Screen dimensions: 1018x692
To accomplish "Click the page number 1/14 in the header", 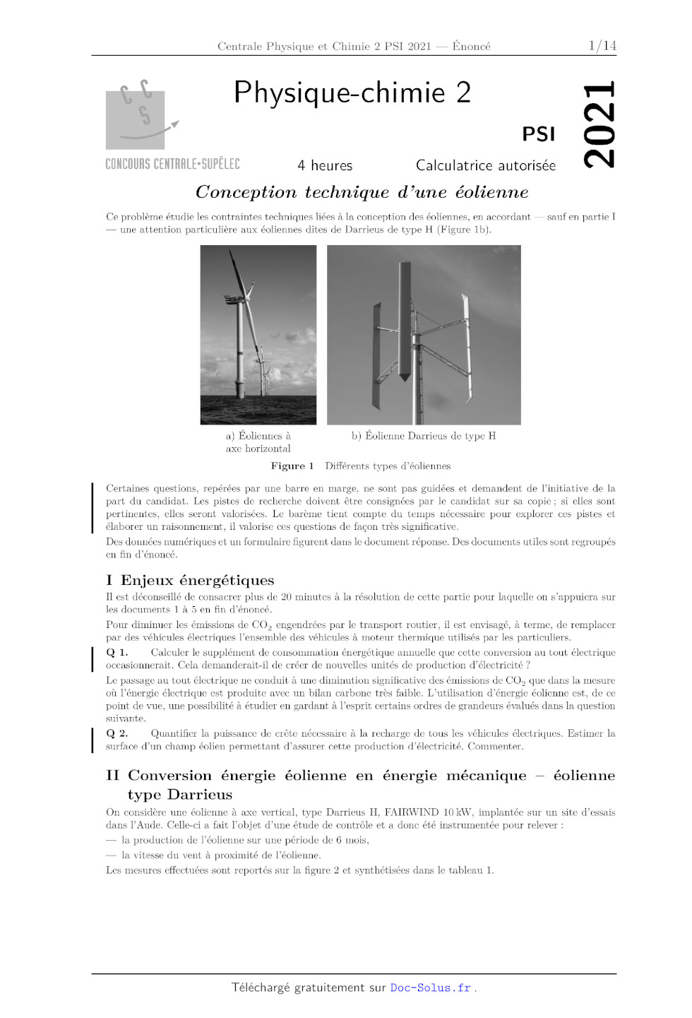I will click(x=602, y=46).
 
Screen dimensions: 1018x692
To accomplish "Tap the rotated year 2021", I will click(x=599, y=125).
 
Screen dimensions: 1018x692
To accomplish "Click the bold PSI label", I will click(x=538, y=134).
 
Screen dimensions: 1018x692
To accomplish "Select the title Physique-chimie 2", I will click(x=352, y=93).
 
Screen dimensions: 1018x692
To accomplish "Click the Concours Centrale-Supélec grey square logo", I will click(x=136, y=119).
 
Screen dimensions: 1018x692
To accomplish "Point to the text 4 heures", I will click(x=325, y=165).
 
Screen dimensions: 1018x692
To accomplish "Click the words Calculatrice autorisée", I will click(x=485, y=165).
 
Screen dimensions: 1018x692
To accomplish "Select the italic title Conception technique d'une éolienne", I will click(x=362, y=192).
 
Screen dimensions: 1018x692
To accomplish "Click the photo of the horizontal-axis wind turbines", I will click(x=258, y=334).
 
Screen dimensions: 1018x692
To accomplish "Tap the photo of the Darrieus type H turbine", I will click(x=424, y=334).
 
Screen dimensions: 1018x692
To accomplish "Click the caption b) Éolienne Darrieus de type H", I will click(x=424, y=436).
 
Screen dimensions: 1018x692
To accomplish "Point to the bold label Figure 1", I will click(x=292, y=466).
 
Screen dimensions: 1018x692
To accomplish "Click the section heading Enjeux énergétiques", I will click(x=197, y=581).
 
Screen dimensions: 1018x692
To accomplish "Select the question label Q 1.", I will click(x=117, y=653).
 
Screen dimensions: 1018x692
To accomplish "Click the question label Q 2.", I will click(x=117, y=733).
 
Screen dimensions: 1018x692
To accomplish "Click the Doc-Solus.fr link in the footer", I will click(x=431, y=988).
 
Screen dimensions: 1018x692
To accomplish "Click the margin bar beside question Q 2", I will click(x=93, y=740).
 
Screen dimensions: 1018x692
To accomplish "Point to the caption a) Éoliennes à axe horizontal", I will click(x=258, y=442).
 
